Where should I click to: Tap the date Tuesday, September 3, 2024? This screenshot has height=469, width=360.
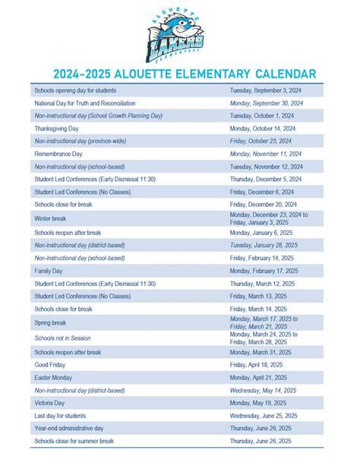[266, 90]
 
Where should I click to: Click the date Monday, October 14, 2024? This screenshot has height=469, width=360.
[265, 128]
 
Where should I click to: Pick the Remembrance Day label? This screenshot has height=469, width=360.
[58, 153]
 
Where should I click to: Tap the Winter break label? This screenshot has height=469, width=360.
[50, 217]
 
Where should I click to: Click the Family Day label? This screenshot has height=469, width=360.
[48, 271]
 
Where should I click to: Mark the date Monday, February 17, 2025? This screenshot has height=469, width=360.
[264, 271]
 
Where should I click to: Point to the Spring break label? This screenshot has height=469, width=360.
[50, 322]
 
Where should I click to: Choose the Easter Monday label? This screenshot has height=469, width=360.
[54, 378]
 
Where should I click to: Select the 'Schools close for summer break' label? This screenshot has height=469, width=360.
[74, 441]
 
